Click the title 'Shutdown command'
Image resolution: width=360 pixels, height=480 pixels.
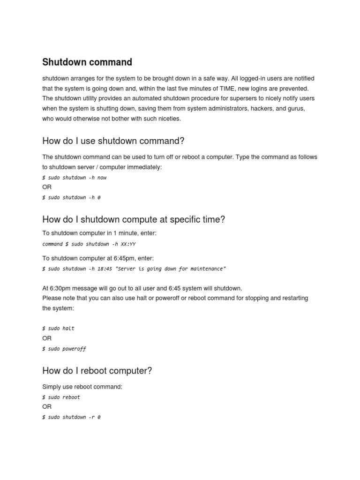[x=87, y=62]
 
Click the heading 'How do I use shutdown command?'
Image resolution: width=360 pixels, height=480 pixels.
[x=113, y=141]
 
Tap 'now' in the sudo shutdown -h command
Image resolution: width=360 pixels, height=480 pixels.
[x=102, y=178]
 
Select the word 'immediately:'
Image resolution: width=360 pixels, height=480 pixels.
[x=142, y=167]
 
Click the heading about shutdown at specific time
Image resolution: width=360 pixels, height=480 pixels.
[x=134, y=219]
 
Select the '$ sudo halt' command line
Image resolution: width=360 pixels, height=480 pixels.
[x=58, y=328]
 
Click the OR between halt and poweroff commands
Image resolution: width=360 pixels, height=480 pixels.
[x=47, y=338]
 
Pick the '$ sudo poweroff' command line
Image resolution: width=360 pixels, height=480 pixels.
[x=64, y=349]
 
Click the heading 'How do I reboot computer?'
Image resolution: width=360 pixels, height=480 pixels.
[x=97, y=371]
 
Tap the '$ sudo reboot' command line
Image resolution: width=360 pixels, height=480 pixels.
[x=61, y=397]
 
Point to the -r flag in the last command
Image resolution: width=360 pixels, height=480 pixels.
[x=91, y=417]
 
